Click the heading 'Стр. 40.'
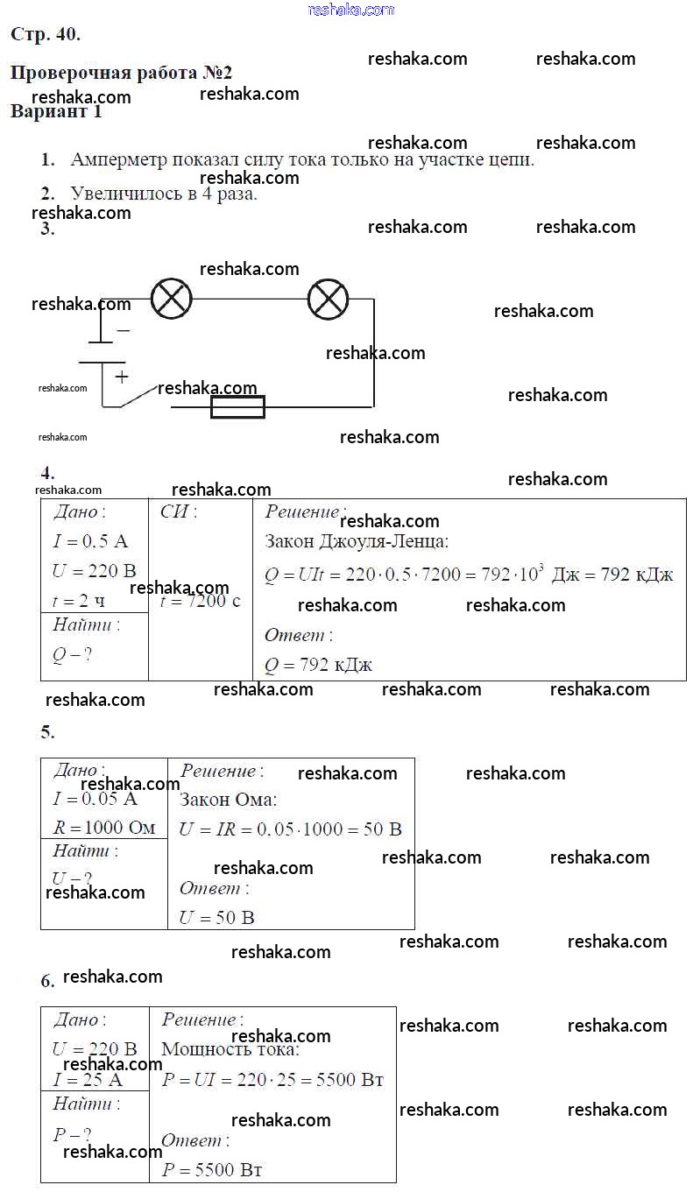(46, 35)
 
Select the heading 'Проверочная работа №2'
(121, 73)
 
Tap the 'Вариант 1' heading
(56, 112)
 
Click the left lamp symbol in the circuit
(171, 300)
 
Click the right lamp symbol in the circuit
(329, 300)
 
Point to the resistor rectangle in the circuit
(237, 406)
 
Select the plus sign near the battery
(121, 377)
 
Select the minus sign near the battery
(123, 331)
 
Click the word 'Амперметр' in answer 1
(118, 160)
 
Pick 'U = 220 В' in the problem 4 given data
(94, 571)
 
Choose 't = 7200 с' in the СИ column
(201, 601)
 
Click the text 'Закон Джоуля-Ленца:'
(357, 542)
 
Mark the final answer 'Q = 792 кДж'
(318, 665)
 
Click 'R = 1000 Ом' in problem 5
(104, 828)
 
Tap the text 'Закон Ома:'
(228, 800)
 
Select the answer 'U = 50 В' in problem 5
(216, 918)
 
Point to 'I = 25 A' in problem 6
(88, 1079)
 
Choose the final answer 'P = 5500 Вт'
(212, 1170)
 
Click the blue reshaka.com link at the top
(351, 10)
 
